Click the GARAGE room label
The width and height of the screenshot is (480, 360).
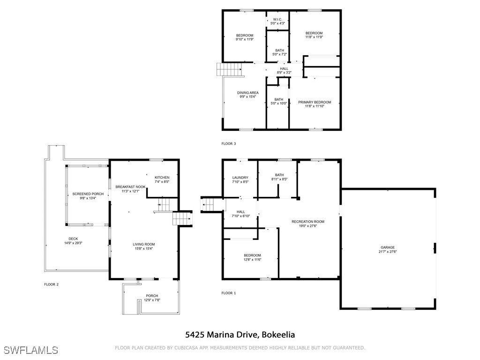[x=388, y=247]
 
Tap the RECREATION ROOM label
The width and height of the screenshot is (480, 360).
[x=308, y=222]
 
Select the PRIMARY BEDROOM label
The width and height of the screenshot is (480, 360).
[x=315, y=102]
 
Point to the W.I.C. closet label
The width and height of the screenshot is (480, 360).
[x=278, y=19]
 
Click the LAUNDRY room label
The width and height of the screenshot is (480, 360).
[x=240, y=178]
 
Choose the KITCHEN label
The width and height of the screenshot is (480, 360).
[x=162, y=178]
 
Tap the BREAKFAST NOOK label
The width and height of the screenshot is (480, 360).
[x=131, y=187]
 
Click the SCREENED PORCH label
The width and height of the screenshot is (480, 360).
[x=88, y=194]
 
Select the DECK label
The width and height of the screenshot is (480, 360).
[x=73, y=239]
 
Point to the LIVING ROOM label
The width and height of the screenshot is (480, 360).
[x=144, y=244]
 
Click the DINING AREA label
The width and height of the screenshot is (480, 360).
[x=247, y=93]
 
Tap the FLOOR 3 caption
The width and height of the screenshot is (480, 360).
[x=229, y=144]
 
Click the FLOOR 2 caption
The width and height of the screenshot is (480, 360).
[x=51, y=285]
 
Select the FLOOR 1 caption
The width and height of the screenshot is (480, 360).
[x=229, y=293]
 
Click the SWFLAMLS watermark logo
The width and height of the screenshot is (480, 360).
[x=31, y=350]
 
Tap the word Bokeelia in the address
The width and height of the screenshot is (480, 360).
[x=278, y=335]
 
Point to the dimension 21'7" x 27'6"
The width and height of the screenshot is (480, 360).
[x=388, y=252]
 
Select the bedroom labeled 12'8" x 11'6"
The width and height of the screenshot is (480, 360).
[x=252, y=257]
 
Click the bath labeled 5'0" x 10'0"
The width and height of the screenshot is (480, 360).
[x=279, y=101]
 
